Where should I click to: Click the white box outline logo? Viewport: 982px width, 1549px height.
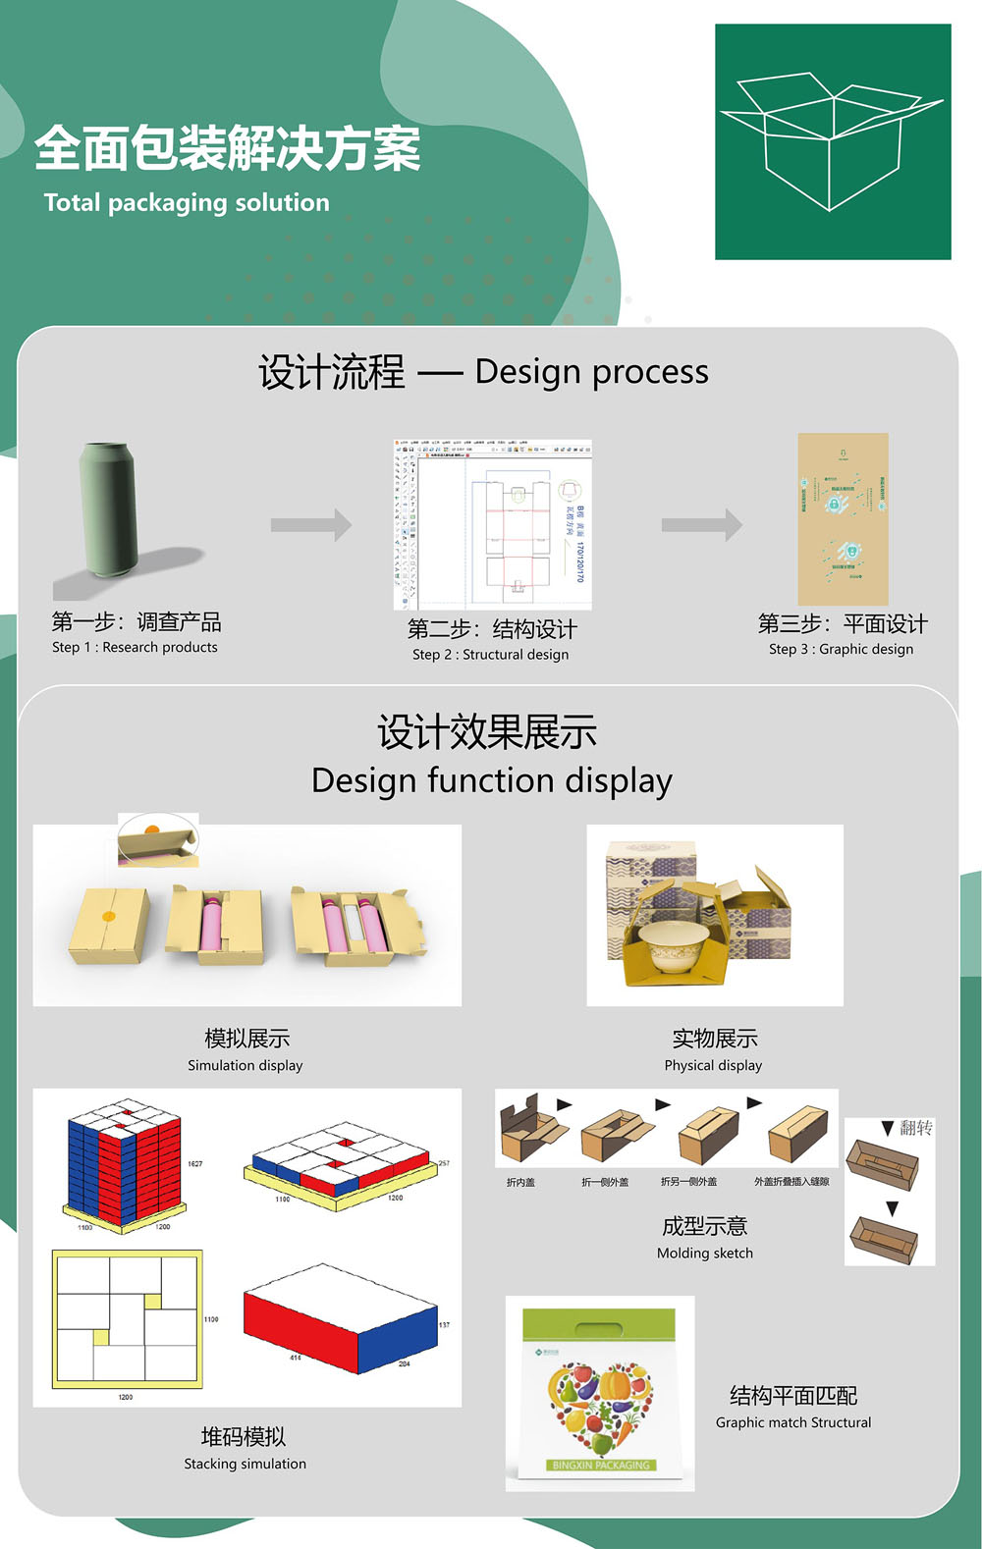832,141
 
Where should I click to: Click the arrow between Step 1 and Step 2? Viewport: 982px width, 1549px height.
310,525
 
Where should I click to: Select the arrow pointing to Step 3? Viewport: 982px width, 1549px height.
701,525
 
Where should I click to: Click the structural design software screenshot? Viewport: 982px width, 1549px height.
492,524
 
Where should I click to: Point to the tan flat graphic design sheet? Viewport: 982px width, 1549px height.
843,518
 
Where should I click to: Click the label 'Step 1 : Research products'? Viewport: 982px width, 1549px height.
135,647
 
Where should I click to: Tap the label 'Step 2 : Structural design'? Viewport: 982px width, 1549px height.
490,655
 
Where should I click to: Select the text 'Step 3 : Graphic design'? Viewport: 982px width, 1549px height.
841,649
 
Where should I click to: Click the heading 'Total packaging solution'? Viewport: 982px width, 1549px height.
187,203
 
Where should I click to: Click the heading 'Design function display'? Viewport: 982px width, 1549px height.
491,780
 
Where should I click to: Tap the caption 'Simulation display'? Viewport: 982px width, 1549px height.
245,1065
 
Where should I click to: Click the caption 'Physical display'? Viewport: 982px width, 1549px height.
713,1065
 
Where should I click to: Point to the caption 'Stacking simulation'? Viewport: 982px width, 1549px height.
245,1464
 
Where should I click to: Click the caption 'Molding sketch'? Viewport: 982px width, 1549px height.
705,1254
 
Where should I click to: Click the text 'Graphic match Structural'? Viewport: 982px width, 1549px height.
793,1422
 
